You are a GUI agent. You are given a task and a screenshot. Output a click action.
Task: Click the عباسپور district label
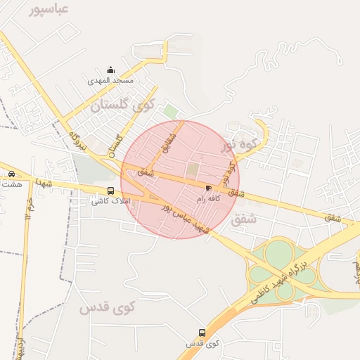point(49,9)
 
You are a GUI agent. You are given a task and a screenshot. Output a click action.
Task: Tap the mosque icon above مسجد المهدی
point(110,70)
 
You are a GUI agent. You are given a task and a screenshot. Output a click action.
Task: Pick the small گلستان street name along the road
point(114,146)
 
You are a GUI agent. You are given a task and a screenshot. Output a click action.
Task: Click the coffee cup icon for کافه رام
point(208,188)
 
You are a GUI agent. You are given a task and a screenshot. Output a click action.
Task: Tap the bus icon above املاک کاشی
point(110,191)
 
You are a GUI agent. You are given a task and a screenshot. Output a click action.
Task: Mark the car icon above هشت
point(11,174)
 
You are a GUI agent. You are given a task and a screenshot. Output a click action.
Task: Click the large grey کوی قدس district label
point(106,308)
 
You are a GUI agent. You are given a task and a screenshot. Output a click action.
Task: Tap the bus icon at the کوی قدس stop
point(202,333)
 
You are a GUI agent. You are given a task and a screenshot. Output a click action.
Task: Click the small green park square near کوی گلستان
point(170,111)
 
